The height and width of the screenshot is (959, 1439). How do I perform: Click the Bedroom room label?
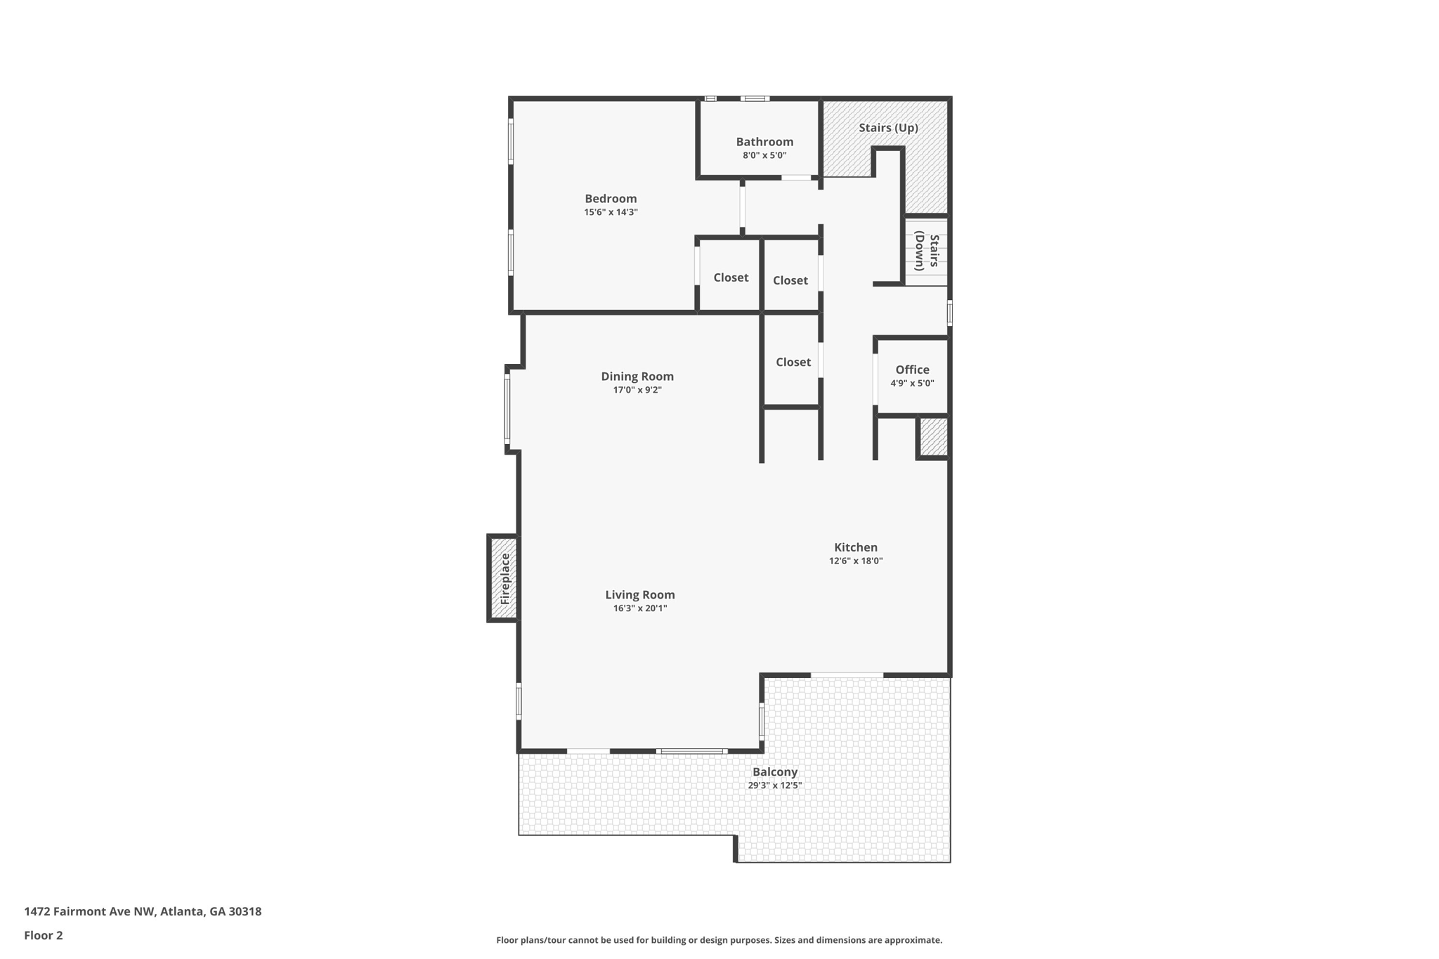pyautogui.click(x=611, y=199)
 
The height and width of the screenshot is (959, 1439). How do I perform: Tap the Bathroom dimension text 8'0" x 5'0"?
pyautogui.click(x=764, y=155)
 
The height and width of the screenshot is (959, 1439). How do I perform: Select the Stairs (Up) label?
pyautogui.click(x=888, y=128)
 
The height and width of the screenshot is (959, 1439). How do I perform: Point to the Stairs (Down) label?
pyautogui.click(x=927, y=252)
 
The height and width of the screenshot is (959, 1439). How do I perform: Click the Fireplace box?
pyautogui.click(x=504, y=578)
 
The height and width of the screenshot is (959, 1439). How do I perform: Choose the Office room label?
pyautogui.click(x=912, y=370)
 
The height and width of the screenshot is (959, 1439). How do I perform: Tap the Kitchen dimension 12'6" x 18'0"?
pyautogui.click(x=855, y=561)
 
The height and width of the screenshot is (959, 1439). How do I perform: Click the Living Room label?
pyautogui.click(x=639, y=595)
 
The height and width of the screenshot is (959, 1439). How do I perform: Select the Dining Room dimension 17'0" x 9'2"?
pyautogui.click(x=637, y=390)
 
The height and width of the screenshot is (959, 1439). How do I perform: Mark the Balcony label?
pyautogui.click(x=774, y=772)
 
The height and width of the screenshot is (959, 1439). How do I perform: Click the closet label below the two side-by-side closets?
pyautogui.click(x=793, y=362)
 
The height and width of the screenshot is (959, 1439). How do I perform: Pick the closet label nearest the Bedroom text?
pyautogui.click(x=731, y=278)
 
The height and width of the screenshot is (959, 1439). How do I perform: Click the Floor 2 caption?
pyautogui.click(x=44, y=935)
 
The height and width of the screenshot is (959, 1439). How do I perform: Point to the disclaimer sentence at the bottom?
pyautogui.click(x=719, y=940)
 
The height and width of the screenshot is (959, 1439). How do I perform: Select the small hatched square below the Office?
pyautogui.click(x=933, y=437)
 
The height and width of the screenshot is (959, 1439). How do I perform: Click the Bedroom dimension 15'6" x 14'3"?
pyautogui.click(x=611, y=212)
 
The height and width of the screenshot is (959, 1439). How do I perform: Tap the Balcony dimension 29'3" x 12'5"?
pyautogui.click(x=774, y=785)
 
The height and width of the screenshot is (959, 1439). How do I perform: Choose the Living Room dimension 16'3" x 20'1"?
pyautogui.click(x=639, y=608)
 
